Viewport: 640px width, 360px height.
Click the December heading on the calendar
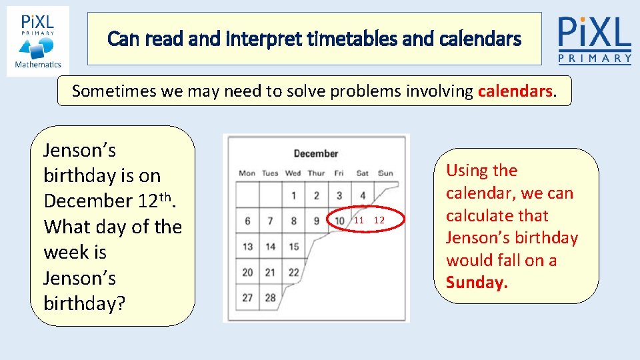coord(315,154)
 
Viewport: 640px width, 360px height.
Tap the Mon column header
coord(247,173)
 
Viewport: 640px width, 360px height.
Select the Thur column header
coord(316,173)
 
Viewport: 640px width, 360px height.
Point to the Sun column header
coord(385,173)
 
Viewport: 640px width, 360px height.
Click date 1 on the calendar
coord(293,196)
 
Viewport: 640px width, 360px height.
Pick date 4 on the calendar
coord(362,196)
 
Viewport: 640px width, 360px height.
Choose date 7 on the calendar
coord(270,221)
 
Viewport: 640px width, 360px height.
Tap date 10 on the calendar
coord(339,221)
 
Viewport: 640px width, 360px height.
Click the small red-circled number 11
coord(359,221)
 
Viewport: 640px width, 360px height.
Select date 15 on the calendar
coord(293,247)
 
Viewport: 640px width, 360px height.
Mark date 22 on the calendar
coord(293,272)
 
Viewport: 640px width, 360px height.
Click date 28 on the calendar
coord(270,298)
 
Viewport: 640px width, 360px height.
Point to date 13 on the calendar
coord(247,247)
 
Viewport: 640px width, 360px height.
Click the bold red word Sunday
coord(477,283)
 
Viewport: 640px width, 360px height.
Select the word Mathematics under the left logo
coord(38,65)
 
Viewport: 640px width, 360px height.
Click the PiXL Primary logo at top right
coord(595,39)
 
